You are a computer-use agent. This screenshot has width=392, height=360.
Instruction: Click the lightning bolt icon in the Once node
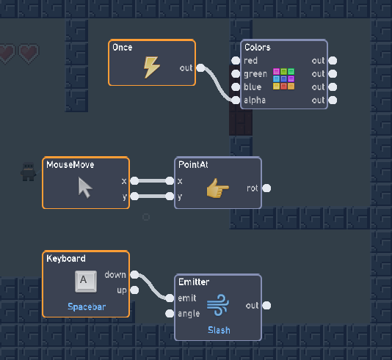(x=151, y=67)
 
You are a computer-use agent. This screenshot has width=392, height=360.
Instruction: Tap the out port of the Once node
(x=200, y=68)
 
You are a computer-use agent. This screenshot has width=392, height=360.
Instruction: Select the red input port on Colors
(x=236, y=60)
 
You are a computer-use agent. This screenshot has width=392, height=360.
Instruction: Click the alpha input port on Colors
(x=236, y=100)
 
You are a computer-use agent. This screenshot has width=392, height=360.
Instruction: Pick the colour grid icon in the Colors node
(x=283, y=79)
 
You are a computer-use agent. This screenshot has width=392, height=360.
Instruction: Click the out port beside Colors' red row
(x=333, y=60)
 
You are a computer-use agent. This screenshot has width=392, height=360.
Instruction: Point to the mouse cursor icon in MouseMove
(x=85, y=188)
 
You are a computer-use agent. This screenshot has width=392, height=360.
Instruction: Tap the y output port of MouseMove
(x=134, y=196)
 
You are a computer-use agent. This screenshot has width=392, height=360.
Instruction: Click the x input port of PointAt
(x=170, y=181)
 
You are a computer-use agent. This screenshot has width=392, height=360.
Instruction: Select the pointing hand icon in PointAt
(x=217, y=188)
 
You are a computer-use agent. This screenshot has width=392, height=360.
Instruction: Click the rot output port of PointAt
(x=266, y=188)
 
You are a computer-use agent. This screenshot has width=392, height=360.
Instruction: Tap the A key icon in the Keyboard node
(x=86, y=282)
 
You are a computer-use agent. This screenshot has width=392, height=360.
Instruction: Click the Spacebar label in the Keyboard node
(x=87, y=306)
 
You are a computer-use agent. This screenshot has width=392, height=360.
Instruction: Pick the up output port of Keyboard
(x=134, y=290)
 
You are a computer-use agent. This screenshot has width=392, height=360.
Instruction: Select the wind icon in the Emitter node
(x=217, y=305)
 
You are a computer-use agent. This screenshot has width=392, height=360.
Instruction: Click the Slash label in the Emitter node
(x=219, y=330)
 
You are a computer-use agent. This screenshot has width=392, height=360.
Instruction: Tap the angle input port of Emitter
(x=170, y=314)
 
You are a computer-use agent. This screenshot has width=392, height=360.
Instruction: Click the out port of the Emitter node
(x=266, y=305)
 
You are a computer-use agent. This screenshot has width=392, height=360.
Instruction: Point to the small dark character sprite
(x=28, y=172)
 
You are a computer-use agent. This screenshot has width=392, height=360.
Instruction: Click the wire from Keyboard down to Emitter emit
(x=152, y=287)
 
